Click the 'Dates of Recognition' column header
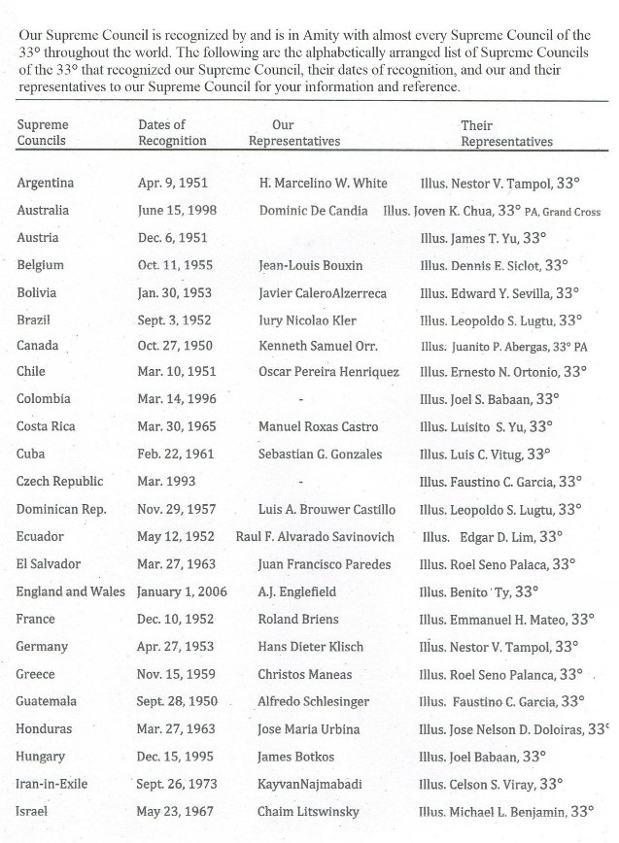click(173, 132)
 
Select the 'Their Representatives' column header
click(506, 133)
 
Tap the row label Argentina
click(46, 183)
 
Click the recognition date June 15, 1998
click(178, 210)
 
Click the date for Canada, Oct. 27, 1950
click(174, 345)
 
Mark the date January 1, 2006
click(184, 590)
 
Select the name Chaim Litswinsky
click(307, 810)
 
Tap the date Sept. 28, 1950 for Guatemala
click(180, 700)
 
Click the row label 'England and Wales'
click(71, 590)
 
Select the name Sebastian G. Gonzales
click(320, 454)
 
